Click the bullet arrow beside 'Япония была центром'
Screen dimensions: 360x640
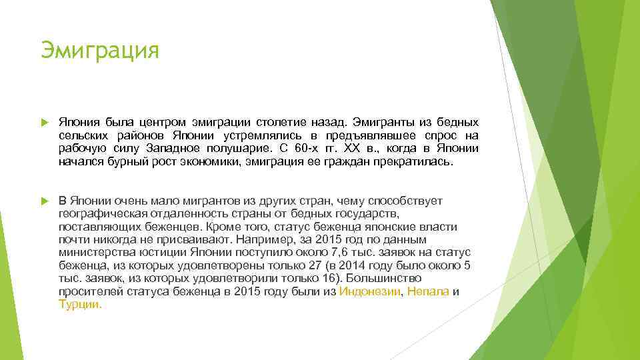point(45,123)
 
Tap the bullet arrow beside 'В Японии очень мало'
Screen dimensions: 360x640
point(45,201)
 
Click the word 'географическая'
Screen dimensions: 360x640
point(98,214)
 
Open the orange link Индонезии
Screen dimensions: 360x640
point(370,291)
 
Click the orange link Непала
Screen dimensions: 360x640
point(428,291)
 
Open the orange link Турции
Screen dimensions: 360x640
point(80,304)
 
